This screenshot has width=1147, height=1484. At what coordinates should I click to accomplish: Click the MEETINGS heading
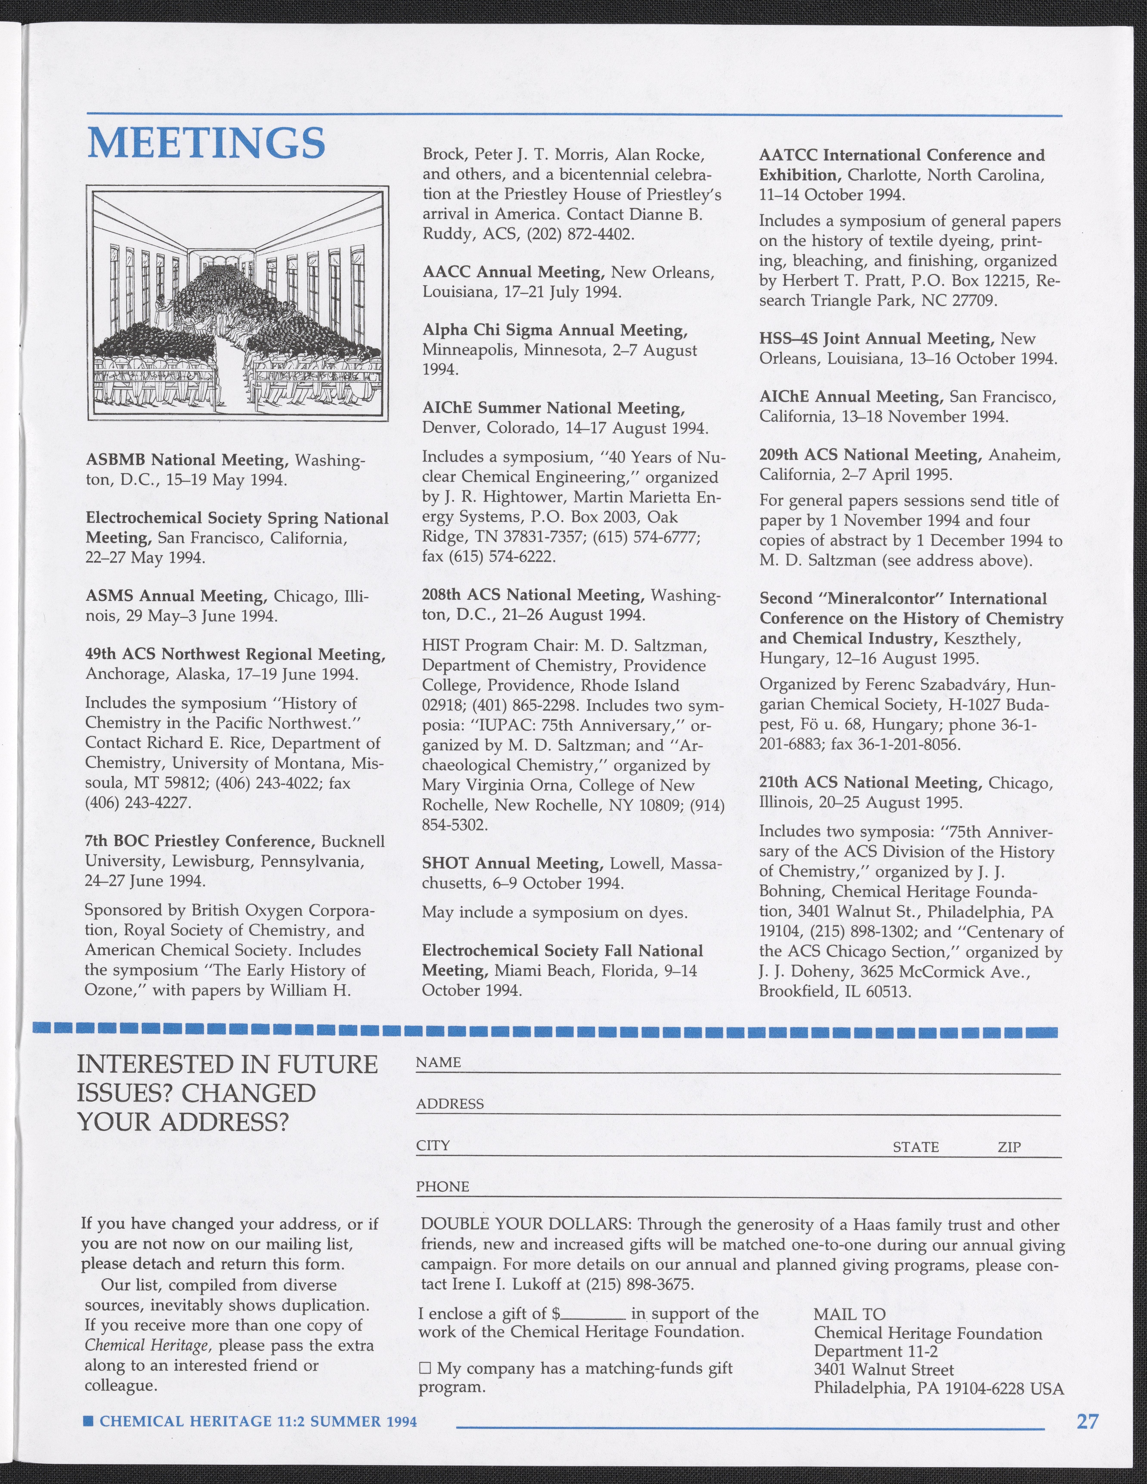pos(207,143)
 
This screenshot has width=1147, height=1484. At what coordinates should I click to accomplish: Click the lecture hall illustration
pos(237,303)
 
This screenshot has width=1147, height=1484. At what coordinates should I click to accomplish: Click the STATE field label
pos(915,1147)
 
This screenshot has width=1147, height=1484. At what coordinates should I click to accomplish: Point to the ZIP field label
pos(1009,1147)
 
